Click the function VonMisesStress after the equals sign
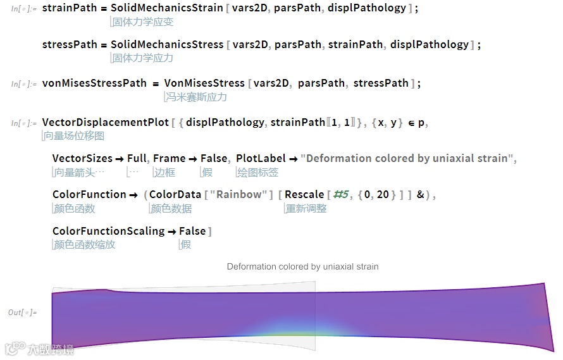pyautogui.click(x=204, y=83)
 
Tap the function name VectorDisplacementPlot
pyautogui.click(x=105, y=122)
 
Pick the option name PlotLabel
pyautogui.click(x=261, y=158)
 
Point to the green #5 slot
pyautogui.click(x=341, y=195)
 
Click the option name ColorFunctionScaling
pyautogui.click(x=108, y=231)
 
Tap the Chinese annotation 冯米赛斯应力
pyautogui.click(x=195, y=97)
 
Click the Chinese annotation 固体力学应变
pyautogui.click(x=142, y=22)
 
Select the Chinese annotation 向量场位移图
pyautogui.click(x=74, y=135)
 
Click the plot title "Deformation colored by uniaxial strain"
pyautogui.click(x=302, y=266)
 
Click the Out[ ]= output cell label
pyautogui.click(x=22, y=312)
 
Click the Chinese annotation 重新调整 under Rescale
pyautogui.click(x=306, y=208)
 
